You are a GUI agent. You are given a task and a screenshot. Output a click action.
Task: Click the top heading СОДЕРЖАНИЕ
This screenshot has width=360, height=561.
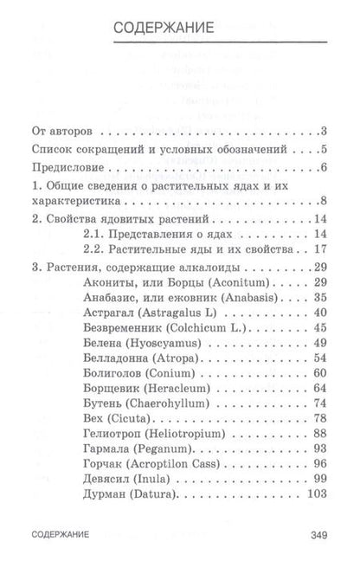coord(179,31)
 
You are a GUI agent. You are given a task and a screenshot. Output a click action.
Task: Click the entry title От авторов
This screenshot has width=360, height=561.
coord(63,132)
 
